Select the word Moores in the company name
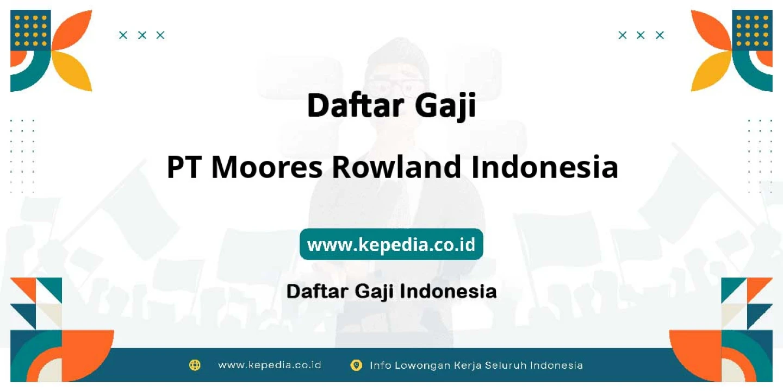(x=266, y=167)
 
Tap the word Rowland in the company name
(x=396, y=167)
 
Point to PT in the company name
(x=184, y=167)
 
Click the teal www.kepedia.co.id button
(x=391, y=244)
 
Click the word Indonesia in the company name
(x=545, y=167)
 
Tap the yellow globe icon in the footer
(x=195, y=365)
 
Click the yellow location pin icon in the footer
(x=356, y=365)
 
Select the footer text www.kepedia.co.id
(x=270, y=365)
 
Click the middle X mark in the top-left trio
(x=142, y=35)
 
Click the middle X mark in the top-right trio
(x=641, y=35)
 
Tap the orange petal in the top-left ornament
(x=72, y=31)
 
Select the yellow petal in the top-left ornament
(x=72, y=71)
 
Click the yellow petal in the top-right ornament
(x=711, y=71)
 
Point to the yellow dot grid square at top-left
(x=30, y=30)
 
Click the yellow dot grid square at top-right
(x=752, y=30)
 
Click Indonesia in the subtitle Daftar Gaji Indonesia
(x=448, y=292)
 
